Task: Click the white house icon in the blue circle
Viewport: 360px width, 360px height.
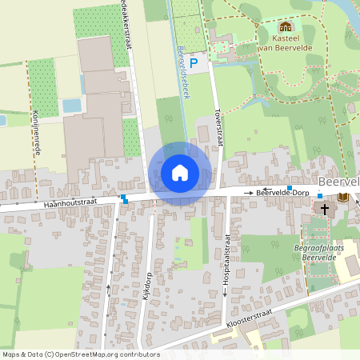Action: click(x=180, y=173)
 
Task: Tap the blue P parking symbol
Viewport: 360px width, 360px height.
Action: click(x=193, y=62)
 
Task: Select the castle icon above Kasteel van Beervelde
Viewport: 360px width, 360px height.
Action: click(x=286, y=27)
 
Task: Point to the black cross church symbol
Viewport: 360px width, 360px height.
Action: click(x=324, y=209)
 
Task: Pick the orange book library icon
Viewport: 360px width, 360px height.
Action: click(x=343, y=197)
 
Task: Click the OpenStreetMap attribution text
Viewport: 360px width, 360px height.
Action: click(x=80, y=354)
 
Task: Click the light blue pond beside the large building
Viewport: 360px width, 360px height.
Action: click(x=71, y=105)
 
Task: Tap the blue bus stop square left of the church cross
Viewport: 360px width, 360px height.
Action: click(x=319, y=196)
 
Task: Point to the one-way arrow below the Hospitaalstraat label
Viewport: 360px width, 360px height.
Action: click(x=226, y=291)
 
